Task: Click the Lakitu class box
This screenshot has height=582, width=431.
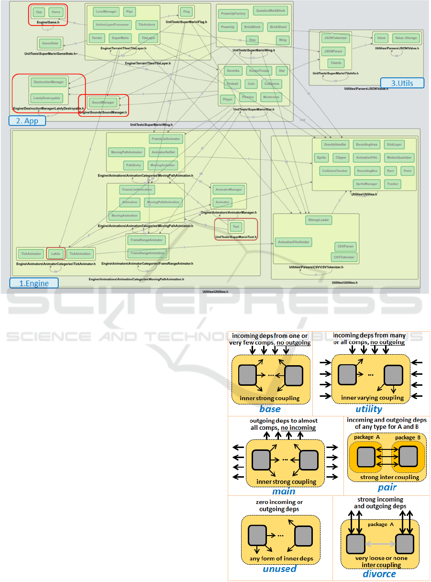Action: pyautogui.click(x=55, y=253)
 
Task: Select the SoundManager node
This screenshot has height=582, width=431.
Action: pyautogui.click(x=102, y=102)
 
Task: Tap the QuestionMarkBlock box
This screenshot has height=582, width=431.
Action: pyautogui.click(x=270, y=10)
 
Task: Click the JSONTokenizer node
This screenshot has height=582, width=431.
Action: pyautogui.click(x=335, y=37)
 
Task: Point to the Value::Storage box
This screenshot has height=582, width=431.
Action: pyautogui.click(x=405, y=37)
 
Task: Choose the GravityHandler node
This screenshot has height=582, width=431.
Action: pyautogui.click(x=335, y=144)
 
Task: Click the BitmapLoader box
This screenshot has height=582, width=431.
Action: pyautogui.click(x=318, y=220)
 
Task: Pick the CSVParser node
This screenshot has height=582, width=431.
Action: pyautogui.click(x=345, y=246)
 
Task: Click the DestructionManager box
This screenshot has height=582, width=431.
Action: pyautogui.click(x=49, y=82)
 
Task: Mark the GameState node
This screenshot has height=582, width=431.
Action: pyautogui.click(x=50, y=43)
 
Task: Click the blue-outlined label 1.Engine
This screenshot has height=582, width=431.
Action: pyautogui.click(x=34, y=283)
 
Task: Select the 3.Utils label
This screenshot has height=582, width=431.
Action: pyautogui.click(x=402, y=83)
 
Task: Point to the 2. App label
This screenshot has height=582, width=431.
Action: pyautogui.click(x=27, y=121)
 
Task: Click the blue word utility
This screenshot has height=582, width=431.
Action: pyautogui.click(x=369, y=409)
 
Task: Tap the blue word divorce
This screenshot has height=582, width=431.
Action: pyautogui.click(x=379, y=573)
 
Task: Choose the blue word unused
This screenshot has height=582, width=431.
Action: pyautogui.click(x=279, y=569)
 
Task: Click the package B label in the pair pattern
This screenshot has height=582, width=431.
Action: pyautogui.click(x=405, y=437)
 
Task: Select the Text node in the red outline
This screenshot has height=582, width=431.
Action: pyautogui.click(x=236, y=226)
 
